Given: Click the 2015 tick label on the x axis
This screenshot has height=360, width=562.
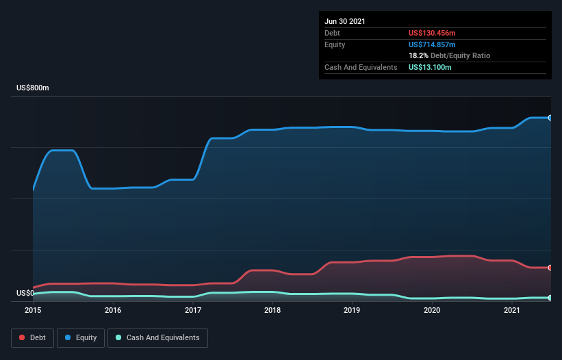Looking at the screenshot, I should tap(33, 310).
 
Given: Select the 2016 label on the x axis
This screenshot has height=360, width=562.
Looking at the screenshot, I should tap(113, 310).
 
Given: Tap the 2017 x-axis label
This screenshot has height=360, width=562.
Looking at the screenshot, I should tap(193, 310).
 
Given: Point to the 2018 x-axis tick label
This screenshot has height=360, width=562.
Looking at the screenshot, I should tap(272, 310).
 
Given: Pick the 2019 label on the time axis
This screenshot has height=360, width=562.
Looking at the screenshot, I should tap(353, 310).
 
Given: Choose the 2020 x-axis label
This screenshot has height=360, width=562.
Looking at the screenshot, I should tap(432, 310).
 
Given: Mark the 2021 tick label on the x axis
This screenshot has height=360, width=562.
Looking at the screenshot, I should tap(512, 310).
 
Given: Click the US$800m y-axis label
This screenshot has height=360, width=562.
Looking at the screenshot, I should tap(33, 88).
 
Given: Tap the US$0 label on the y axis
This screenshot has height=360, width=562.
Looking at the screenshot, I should tap(25, 293).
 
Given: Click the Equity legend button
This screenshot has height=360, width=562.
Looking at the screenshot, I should tap(81, 337).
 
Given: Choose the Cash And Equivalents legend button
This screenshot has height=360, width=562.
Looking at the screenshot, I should tap(157, 337).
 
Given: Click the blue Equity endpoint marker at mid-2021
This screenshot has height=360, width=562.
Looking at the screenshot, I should tap(550, 118).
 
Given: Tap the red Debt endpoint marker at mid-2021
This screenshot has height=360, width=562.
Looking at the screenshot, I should tap(550, 268).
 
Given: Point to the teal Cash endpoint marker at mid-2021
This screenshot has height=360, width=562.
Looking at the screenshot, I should tap(550, 298).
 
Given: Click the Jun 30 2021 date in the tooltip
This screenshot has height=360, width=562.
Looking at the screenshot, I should tap(345, 21).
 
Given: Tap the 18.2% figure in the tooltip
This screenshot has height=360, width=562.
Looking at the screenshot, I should tap(418, 55).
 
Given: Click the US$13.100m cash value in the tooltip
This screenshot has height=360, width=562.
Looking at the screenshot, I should tap(430, 67).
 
